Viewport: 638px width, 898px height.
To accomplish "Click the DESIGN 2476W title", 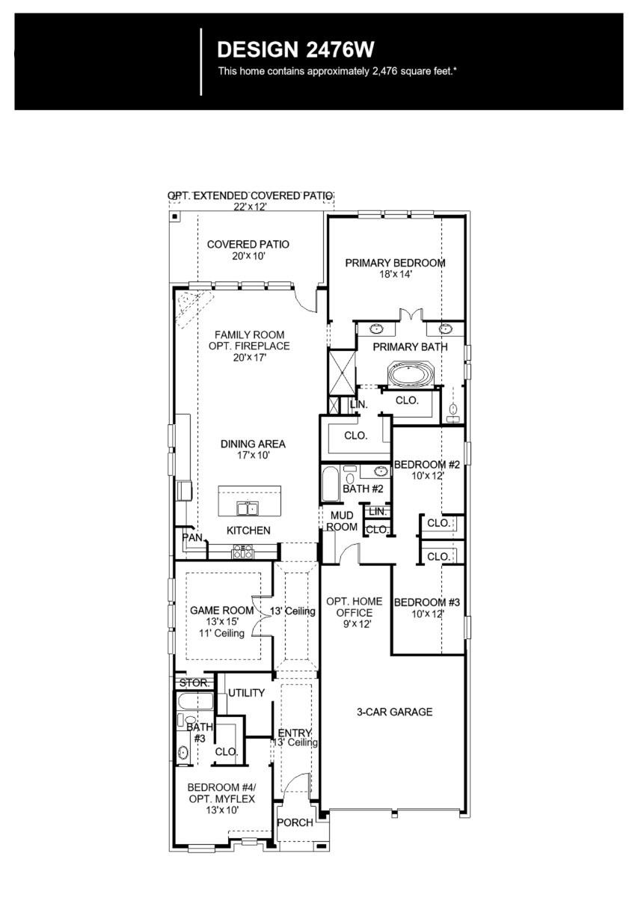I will tap(295, 50).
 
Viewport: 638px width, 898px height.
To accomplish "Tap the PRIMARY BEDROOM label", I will tap(395, 263).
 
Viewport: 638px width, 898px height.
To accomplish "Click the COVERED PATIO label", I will tap(248, 245).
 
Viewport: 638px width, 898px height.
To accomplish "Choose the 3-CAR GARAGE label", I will tap(394, 712).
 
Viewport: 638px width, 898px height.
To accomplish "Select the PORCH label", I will tap(295, 822).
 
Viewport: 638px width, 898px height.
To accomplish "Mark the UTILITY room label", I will tap(246, 693).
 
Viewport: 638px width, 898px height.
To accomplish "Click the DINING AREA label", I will tap(253, 444).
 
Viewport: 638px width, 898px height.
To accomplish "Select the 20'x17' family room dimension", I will tap(250, 358).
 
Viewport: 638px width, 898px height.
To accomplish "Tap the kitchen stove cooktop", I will tap(243, 552).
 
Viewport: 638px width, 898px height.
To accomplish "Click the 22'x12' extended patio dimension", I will tap(250, 207).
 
